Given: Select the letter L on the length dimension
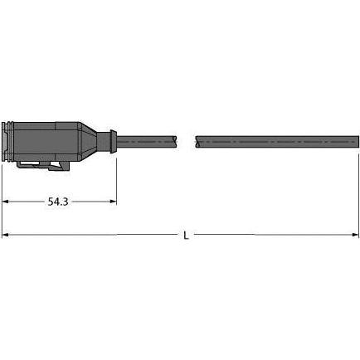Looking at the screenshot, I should (185, 236).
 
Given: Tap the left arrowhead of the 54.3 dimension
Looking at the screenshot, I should (5, 202).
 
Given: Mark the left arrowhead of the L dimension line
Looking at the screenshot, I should (5, 236).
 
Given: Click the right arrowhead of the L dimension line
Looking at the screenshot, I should (353, 236).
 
